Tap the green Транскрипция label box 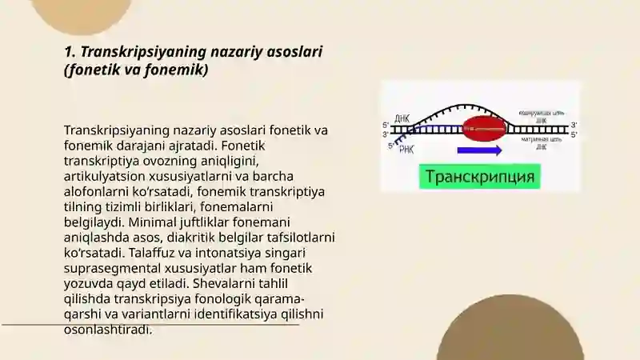480,176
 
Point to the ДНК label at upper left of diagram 402,118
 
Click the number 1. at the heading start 70,52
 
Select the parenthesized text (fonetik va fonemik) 136,70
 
